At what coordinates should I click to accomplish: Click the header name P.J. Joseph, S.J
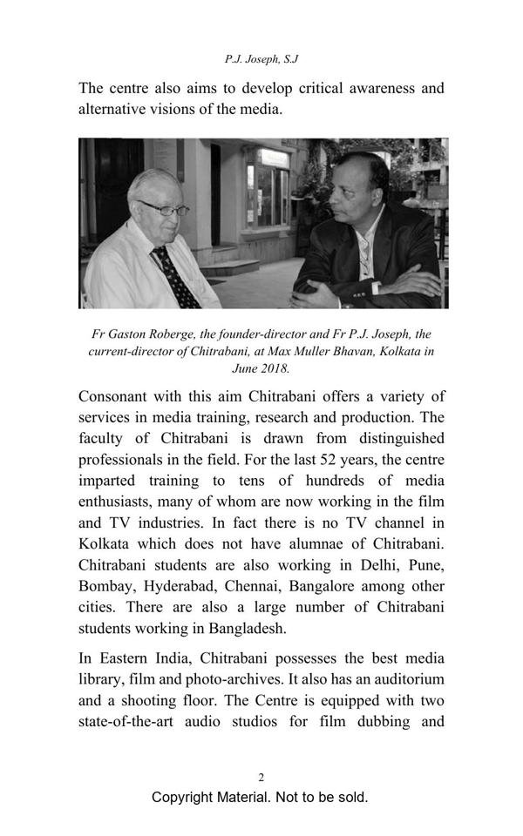[x=261, y=59]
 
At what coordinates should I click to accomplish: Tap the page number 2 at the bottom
[x=261, y=778]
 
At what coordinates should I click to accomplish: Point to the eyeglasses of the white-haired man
[x=163, y=208]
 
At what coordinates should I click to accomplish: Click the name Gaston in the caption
[x=137, y=334]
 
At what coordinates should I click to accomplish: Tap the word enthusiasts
[x=118, y=502]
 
